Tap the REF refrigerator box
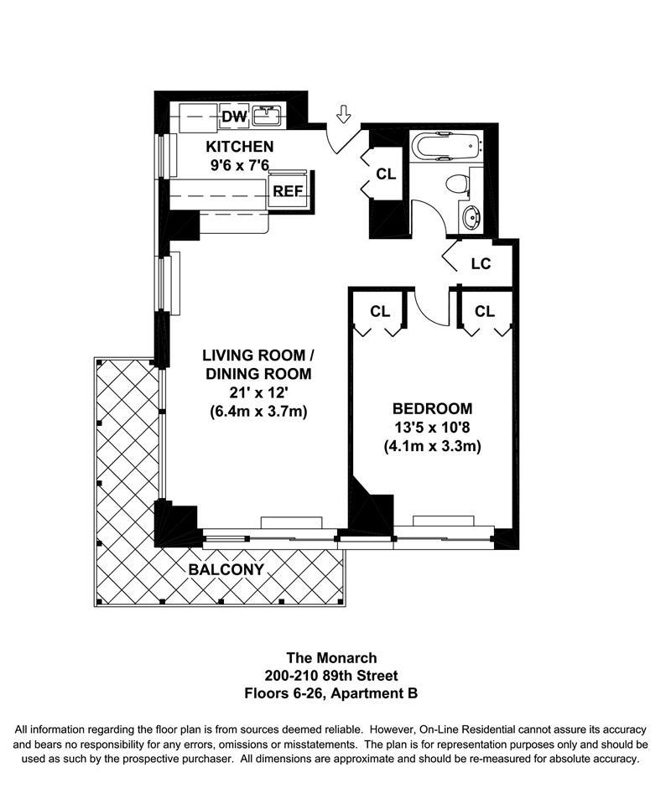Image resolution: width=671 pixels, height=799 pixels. [288, 190]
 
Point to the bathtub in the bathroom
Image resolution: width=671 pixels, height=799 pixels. [445, 148]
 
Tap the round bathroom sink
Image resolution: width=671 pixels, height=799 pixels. [471, 219]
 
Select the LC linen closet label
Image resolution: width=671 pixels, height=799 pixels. [480, 264]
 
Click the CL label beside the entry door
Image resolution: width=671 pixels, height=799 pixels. [385, 174]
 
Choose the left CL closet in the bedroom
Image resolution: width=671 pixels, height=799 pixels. [380, 311]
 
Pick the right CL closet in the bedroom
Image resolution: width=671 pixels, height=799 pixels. [485, 311]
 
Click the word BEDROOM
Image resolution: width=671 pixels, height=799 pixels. [432, 409]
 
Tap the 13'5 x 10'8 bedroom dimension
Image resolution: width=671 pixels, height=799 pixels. [432, 428]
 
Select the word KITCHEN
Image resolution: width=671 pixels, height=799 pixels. [240, 147]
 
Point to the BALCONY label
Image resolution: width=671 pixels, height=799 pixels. [226, 569]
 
